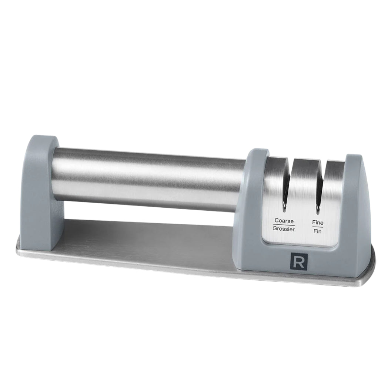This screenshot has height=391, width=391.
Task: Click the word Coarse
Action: tap(284, 221)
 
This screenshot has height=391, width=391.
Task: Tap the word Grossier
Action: tap(284, 229)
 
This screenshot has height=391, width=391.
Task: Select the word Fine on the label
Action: tap(318, 223)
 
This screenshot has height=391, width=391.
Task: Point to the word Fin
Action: tap(317, 232)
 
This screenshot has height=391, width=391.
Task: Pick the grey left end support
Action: tap(41, 193)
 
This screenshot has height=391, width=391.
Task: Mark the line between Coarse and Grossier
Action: tap(284, 225)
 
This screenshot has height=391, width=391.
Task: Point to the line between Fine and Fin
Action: tap(318, 227)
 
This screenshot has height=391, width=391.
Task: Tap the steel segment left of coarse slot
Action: tap(274, 185)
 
